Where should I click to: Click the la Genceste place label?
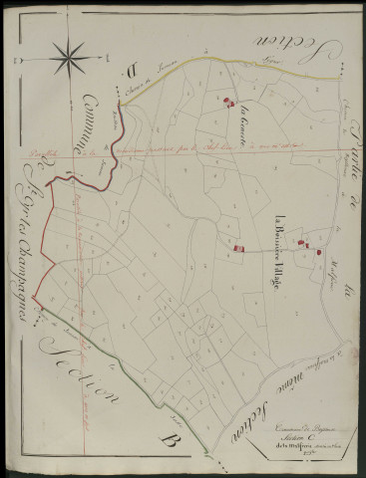(242, 119)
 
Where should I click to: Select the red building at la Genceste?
(227, 100)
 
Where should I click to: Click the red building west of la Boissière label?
(238, 246)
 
